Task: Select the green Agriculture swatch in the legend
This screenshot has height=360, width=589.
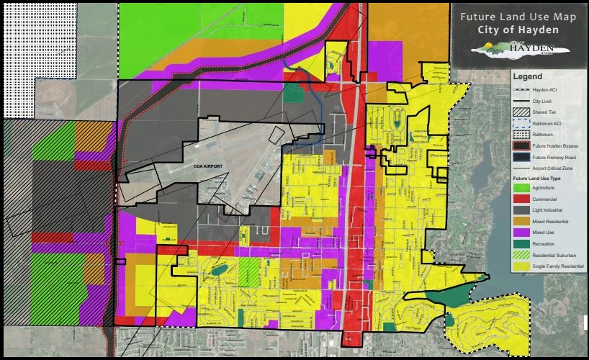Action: click(522, 187)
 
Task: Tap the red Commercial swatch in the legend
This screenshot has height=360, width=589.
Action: click(522, 199)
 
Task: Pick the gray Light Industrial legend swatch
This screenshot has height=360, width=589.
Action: click(522, 210)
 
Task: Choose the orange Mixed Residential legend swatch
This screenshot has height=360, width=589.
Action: click(522, 221)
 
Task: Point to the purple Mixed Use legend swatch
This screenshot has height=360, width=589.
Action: click(522, 233)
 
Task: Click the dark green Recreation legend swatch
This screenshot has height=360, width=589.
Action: click(522, 244)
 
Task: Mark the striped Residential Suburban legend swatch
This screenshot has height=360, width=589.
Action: click(522, 256)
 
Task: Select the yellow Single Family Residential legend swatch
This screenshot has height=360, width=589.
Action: click(522, 267)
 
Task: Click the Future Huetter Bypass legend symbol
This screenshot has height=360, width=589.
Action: click(522, 145)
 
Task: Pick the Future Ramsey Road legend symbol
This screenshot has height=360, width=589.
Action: click(522, 156)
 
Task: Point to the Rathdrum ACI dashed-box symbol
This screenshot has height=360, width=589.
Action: click(522, 123)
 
